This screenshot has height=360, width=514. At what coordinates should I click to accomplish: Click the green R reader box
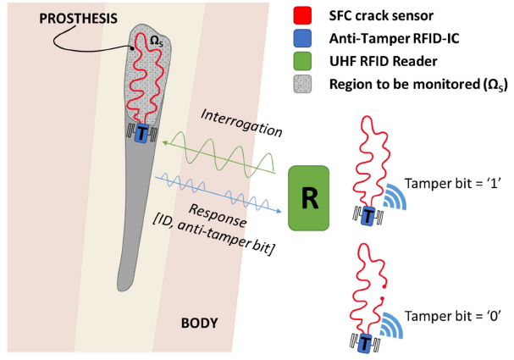311,197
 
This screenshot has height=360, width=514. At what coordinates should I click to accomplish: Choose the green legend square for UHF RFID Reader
299,62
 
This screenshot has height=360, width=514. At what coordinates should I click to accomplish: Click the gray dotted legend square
299,83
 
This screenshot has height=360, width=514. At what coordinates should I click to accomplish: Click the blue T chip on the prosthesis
142,134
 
